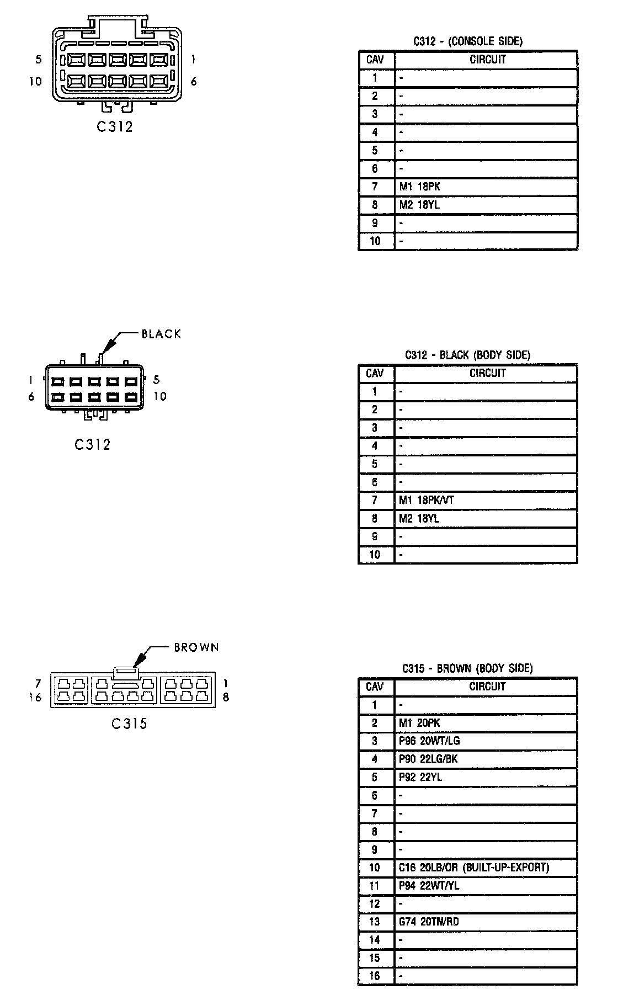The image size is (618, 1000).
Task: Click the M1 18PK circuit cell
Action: coord(419,187)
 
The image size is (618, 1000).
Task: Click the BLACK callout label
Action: coord(161,334)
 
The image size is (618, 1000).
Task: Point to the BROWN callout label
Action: coord(196,647)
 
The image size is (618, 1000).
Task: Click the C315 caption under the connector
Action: coord(130,724)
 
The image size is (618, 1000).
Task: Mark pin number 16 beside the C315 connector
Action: coord(35,698)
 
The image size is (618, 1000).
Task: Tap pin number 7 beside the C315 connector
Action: coord(38,684)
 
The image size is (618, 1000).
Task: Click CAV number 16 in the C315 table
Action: coord(375,976)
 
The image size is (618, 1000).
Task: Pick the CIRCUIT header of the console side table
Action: coord(487,60)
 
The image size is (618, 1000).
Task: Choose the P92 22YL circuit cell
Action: coord(420,778)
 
